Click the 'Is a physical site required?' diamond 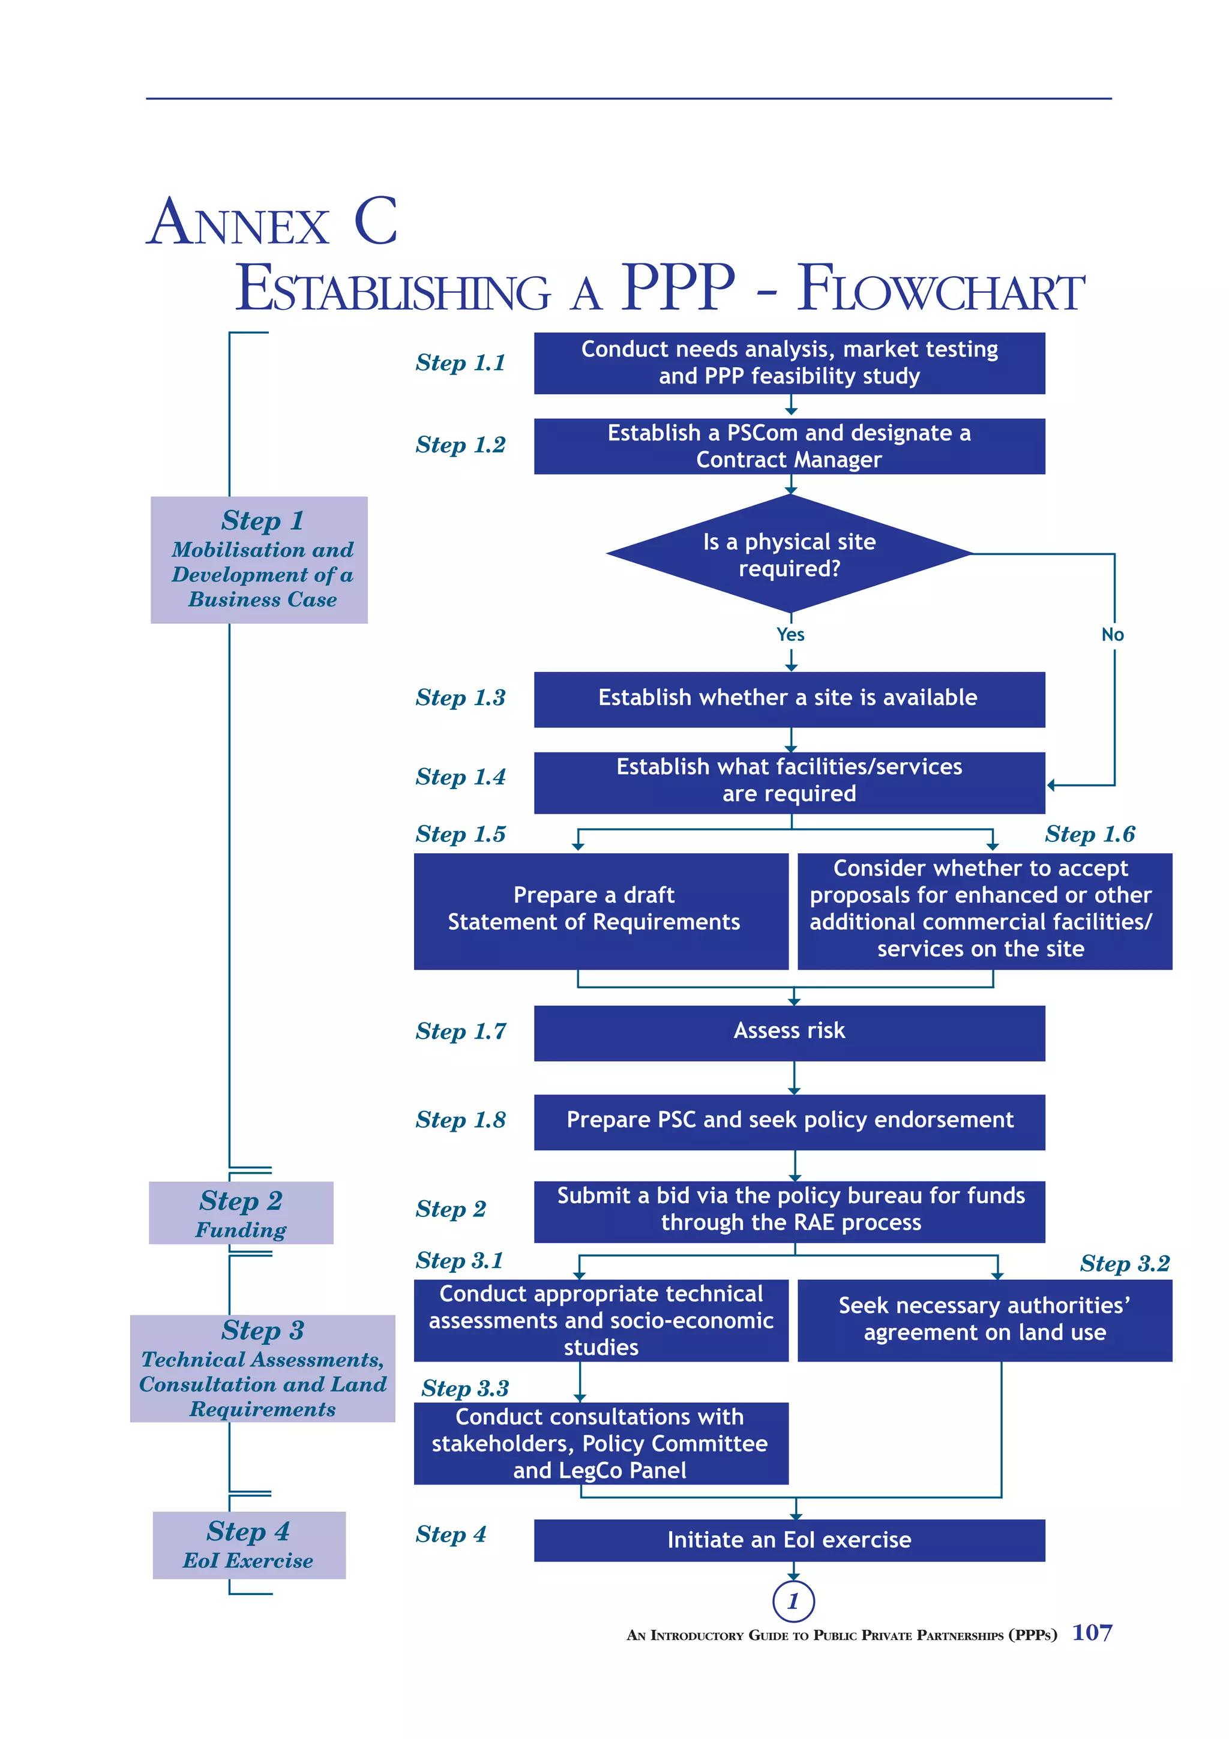(789, 554)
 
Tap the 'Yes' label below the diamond (790, 635)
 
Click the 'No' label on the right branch (1111, 635)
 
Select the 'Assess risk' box (789, 1032)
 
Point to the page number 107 (1091, 1633)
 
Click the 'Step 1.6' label (1089, 834)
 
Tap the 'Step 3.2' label (1124, 1263)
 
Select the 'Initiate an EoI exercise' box (789, 1540)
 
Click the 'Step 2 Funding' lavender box (241, 1213)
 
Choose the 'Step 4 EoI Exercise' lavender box (248, 1545)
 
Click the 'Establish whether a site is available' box (789, 698)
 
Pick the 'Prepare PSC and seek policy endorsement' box (789, 1120)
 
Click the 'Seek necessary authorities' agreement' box (984, 1320)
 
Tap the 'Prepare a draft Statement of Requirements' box (601, 910)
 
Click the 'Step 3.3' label (464, 1389)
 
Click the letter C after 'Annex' (376, 221)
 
